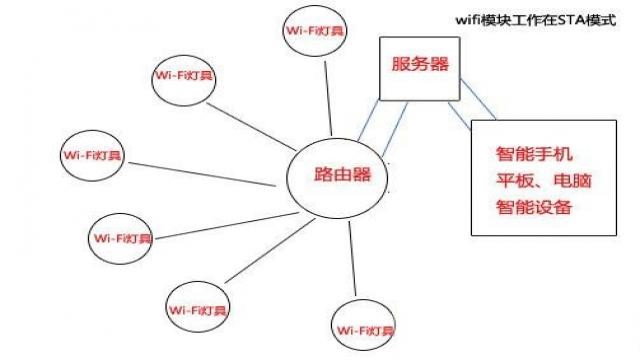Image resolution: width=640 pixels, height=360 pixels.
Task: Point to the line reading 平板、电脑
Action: pyautogui.click(x=536, y=182)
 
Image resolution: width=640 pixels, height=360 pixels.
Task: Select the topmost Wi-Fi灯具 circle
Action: pyautogui.click(x=314, y=33)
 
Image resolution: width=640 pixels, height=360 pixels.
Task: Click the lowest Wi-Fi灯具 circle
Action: pyautogui.click(x=366, y=328)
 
